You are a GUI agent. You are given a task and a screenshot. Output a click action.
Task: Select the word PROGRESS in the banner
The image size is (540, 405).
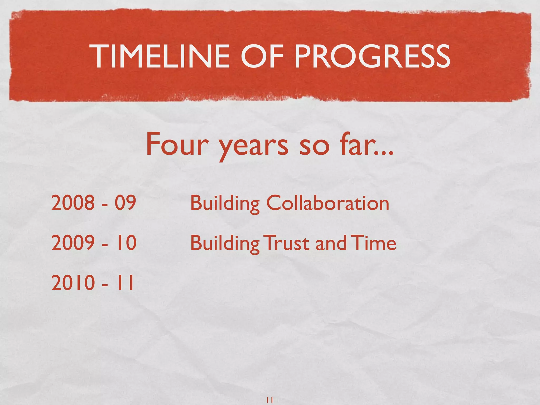[372, 56]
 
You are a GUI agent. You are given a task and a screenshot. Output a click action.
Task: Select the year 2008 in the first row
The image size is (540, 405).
[73, 202]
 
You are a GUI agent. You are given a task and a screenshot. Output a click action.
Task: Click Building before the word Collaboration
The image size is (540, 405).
[225, 204]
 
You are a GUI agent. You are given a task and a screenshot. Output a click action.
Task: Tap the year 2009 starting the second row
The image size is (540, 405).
[73, 243]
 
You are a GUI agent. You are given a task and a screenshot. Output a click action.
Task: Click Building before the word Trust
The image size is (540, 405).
[225, 244]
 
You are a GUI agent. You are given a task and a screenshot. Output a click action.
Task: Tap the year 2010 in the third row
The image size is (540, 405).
[73, 283]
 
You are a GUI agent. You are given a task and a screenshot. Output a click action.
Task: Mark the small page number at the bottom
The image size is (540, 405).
[270, 400]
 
